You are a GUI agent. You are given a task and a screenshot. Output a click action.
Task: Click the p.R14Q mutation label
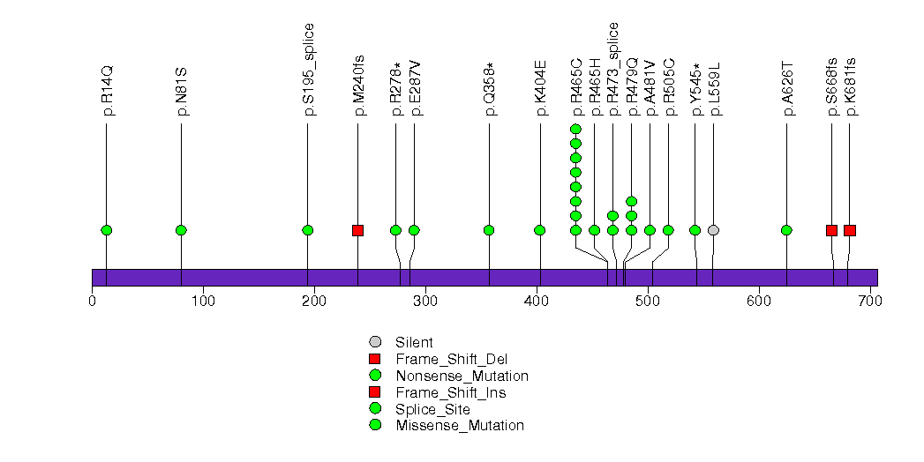pos(108,90)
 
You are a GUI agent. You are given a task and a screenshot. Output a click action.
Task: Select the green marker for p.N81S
pos(181,230)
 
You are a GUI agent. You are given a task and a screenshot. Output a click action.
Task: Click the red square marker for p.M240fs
pos(357,230)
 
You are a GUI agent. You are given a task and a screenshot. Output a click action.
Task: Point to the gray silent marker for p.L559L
pos(713,230)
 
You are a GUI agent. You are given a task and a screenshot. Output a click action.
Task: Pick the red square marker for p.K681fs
pos(849,230)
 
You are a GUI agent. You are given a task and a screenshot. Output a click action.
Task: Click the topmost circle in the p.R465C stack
pos(575,130)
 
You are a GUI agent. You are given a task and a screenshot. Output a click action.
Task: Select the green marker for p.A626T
pos(786,230)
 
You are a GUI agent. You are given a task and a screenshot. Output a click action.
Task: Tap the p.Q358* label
pos(490,89)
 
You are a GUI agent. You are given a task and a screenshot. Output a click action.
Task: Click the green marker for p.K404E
pos(539,230)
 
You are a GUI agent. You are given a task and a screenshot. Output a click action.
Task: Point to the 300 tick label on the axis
pos(425,302)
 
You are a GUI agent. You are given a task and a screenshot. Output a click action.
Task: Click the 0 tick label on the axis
pos(92,302)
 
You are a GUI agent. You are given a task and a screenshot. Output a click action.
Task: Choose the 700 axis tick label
pos(870,302)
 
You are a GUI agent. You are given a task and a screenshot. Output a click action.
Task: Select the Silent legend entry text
pos(415,342)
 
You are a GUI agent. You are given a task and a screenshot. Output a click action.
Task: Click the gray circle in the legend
pos(375,342)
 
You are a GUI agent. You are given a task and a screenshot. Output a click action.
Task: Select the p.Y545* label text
pos(696,89)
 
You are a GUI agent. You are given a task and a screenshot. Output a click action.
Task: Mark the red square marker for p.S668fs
pos(831,230)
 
